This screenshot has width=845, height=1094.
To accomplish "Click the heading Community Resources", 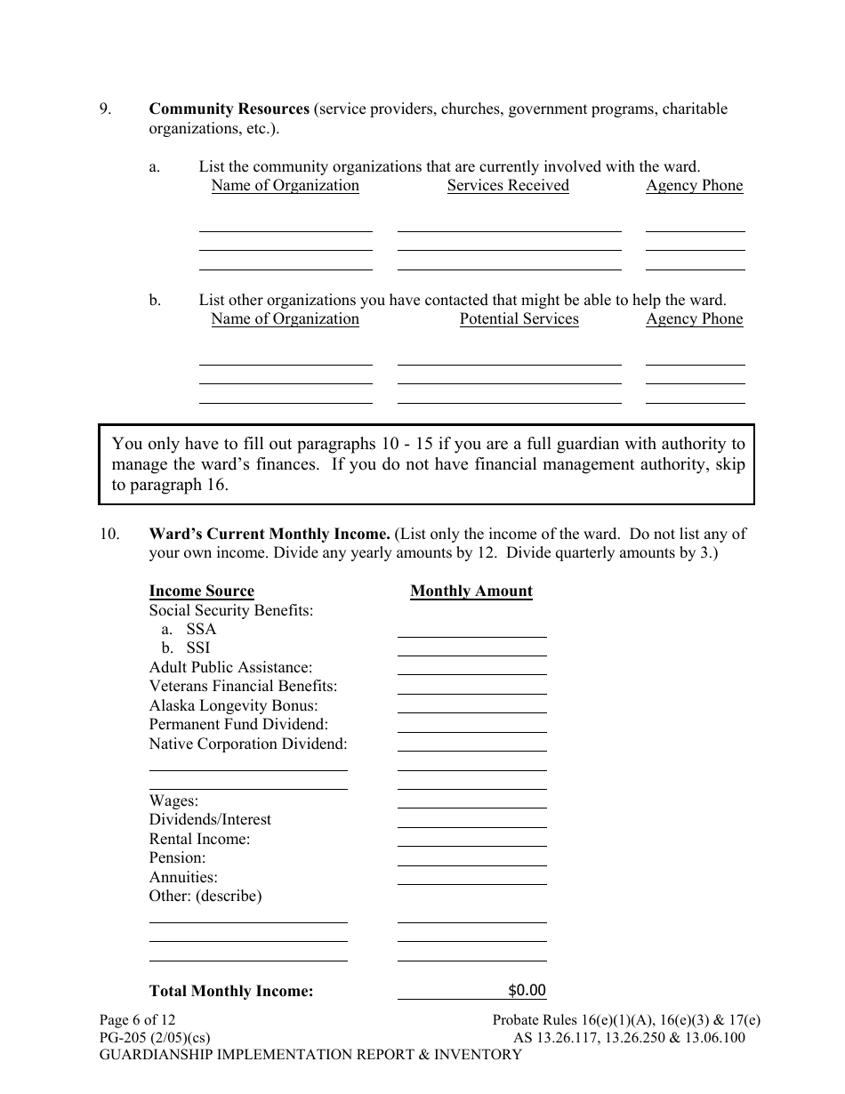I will tap(229, 109).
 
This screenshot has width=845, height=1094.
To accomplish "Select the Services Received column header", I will tap(508, 186).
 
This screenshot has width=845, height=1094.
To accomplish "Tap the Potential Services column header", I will tap(519, 319).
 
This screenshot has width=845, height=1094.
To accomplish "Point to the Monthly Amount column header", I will tap(471, 591).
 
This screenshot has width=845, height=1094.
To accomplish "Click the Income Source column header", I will tap(202, 591).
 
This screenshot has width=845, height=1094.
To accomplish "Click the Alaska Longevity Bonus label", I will tap(233, 705).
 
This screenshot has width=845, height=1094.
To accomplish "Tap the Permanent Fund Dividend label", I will tap(238, 725).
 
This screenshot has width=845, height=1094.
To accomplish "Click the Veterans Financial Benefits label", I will tap(243, 687).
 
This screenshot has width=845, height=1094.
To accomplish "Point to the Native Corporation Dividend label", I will tap(248, 744).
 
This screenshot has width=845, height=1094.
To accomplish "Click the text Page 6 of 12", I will tap(137, 1020).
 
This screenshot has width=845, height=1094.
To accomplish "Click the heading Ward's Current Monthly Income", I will tap(270, 535).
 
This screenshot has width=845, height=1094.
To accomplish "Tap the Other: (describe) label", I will tap(205, 897).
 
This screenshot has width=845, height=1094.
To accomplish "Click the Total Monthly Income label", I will tap(231, 991).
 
